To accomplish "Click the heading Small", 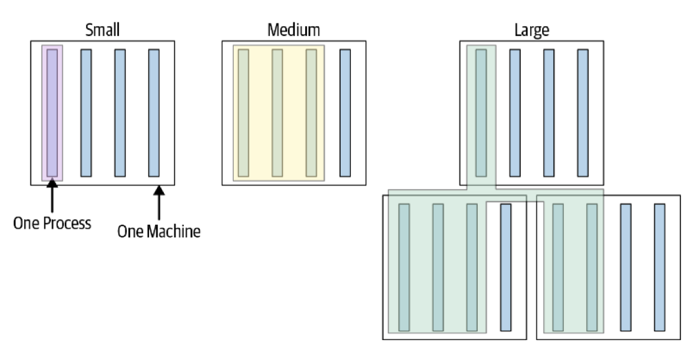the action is point(102,30).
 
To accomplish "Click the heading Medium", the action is point(294,30).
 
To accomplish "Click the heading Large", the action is point(531,30).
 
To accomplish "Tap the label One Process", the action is point(52,223).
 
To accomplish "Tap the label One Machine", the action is point(159,231).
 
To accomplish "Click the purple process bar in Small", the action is point(52,113).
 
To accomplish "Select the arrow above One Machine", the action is point(159,202).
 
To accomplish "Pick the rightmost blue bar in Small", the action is point(154,113).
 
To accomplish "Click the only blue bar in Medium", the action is point(345,113).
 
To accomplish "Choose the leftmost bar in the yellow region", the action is point(244,113).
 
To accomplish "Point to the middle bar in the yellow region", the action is point(277,113).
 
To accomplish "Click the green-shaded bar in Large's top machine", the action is point(481,113).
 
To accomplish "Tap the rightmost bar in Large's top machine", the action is point(582,113).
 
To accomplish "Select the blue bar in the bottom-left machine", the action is point(505,267).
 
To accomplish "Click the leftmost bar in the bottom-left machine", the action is point(404,267).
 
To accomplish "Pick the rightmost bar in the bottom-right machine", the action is point(660,267).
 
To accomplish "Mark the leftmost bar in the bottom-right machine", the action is point(558,267).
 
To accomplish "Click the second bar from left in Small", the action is point(86,113).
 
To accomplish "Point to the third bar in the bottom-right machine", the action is point(626,267).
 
